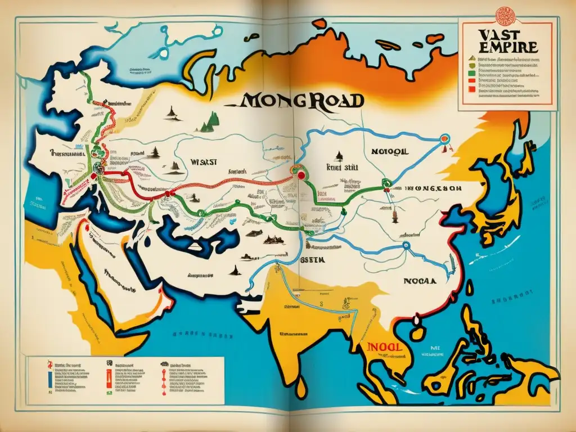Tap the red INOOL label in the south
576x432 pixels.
coord(383,347)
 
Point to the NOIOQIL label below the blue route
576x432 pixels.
coord(388,151)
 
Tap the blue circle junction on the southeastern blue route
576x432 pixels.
coord(404,245)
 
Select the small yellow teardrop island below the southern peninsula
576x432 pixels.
coord(302,385)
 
